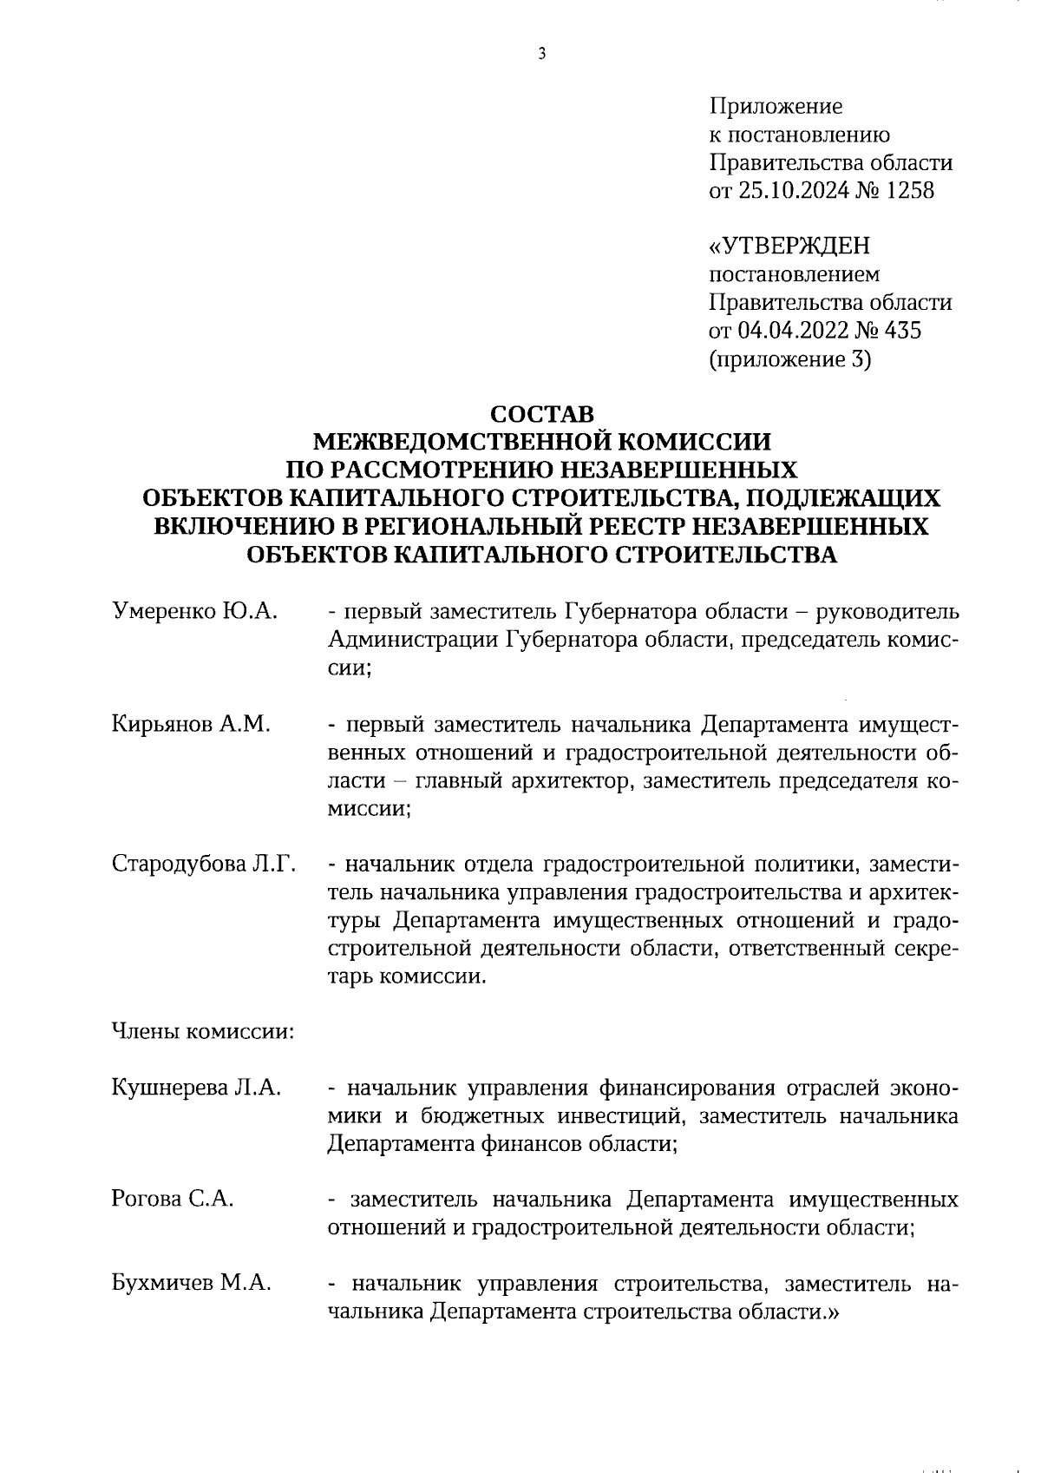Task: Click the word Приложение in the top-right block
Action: [776, 107]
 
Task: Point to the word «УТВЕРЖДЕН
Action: [789, 247]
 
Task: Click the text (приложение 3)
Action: [789, 358]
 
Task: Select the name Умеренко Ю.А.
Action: [194, 611]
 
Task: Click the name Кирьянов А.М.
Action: [191, 724]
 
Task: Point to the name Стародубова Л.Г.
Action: [204, 865]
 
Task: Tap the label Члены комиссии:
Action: [202, 1032]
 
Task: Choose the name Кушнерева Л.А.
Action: [196, 1088]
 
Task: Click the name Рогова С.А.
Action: [173, 1200]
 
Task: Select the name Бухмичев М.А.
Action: [191, 1284]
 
